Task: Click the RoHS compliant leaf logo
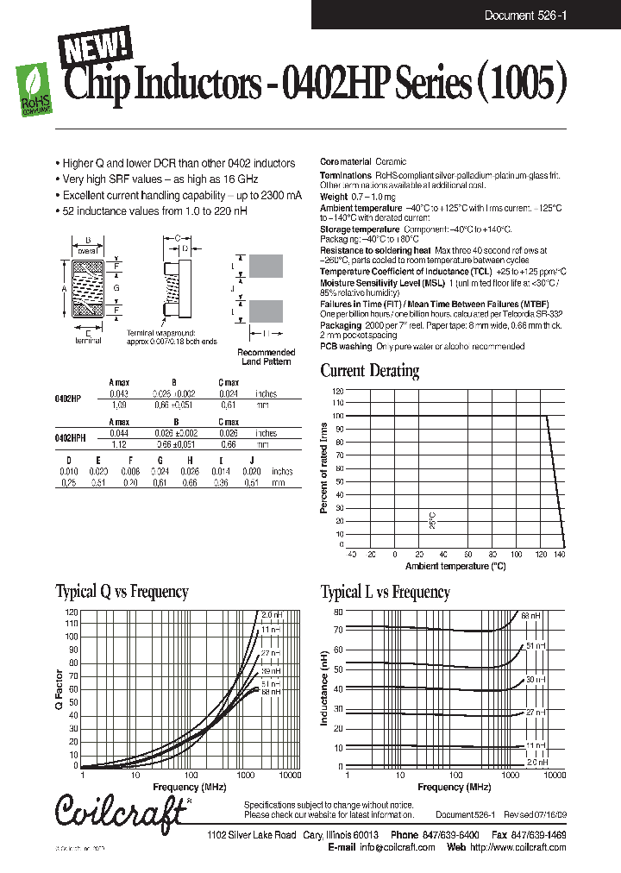click(34, 86)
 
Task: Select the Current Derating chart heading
click(369, 371)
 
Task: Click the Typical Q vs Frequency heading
click(122, 592)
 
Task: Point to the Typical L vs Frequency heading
click(385, 592)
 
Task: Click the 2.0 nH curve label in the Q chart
click(271, 614)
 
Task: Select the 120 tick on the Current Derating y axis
click(337, 391)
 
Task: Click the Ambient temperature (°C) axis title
click(455, 566)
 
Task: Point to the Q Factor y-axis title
click(60, 691)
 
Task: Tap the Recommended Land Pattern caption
click(266, 357)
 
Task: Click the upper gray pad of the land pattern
click(267, 266)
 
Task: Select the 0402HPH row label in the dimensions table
click(69, 438)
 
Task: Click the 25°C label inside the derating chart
click(433, 519)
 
